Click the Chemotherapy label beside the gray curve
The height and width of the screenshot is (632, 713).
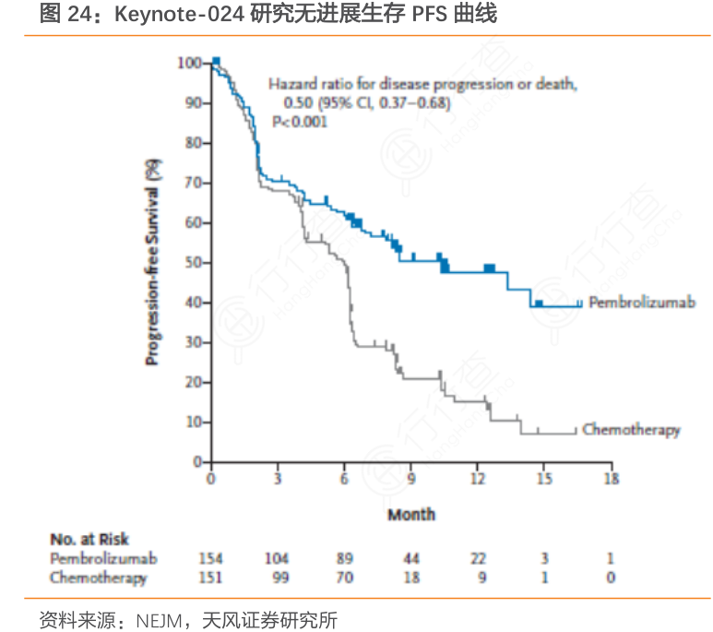pos(631,430)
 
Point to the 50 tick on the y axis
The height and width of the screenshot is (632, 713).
pos(192,262)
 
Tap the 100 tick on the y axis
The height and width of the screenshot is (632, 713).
pos(189,63)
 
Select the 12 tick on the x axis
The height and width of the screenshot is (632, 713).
pos(478,479)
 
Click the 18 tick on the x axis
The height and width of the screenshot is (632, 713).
pos(611,479)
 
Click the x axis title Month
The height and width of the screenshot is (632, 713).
pos(410,514)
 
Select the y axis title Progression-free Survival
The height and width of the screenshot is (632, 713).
pos(151,262)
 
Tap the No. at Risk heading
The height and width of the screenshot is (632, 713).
pos(89,540)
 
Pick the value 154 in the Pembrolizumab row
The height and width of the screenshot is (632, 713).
pos(211,559)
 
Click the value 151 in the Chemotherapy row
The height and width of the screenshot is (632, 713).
pos(211,578)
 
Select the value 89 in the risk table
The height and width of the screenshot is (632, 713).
pos(344,559)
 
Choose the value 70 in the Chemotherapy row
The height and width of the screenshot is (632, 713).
pos(344,578)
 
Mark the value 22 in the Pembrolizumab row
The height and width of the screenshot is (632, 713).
pos(478,559)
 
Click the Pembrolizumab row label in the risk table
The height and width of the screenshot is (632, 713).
pos(103,559)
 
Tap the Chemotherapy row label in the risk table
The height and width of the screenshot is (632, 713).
pos(99,578)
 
